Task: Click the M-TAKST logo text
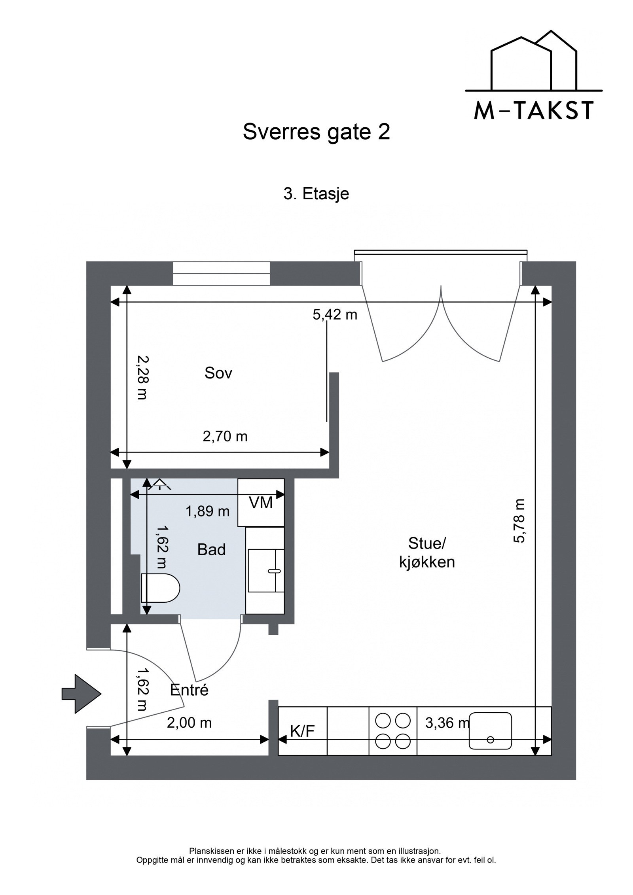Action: click(533, 111)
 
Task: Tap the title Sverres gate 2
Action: click(316, 132)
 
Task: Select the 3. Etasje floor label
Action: click(316, 194)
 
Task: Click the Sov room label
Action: click(218, 373)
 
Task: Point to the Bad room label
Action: click(211, 550)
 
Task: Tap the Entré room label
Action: click(189, 690)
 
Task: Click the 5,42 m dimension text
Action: click(335, 315)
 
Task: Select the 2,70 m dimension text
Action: click(225, 437)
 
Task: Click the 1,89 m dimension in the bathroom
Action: click(208, 511)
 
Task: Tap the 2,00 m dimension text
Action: click(189, 723)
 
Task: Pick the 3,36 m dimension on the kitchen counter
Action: click(447, 723)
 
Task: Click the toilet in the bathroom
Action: click(160, 588)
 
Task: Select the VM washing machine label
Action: click(261, 503)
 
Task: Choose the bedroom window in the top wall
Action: click(222, 273)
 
